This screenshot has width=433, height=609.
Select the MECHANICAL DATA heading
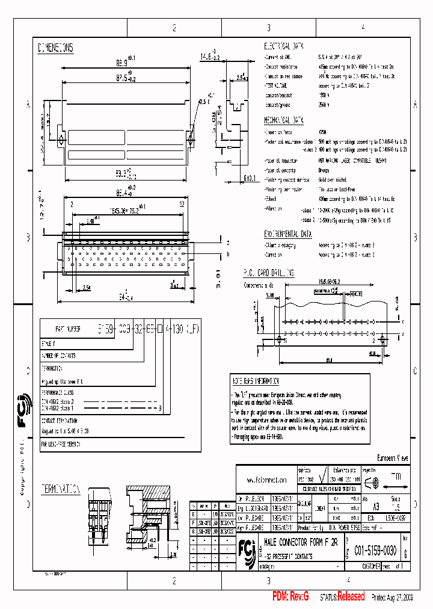pyautogui.click(x=286, y=120)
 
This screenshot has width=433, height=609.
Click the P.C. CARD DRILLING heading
pyautogui.click(x=269, y=273)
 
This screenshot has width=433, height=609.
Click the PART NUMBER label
pyautogui.click(x=67, y=330)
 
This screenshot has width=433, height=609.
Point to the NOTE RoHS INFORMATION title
pyautogui.click(x=256, y=382)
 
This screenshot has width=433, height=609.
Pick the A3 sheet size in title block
pyautogui.click(x=376, y=507)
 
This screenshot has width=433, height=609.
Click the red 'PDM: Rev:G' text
pyautogui.click(x=290, y=596)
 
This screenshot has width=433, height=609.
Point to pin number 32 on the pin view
pyautogui.click(x=181, y=205)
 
